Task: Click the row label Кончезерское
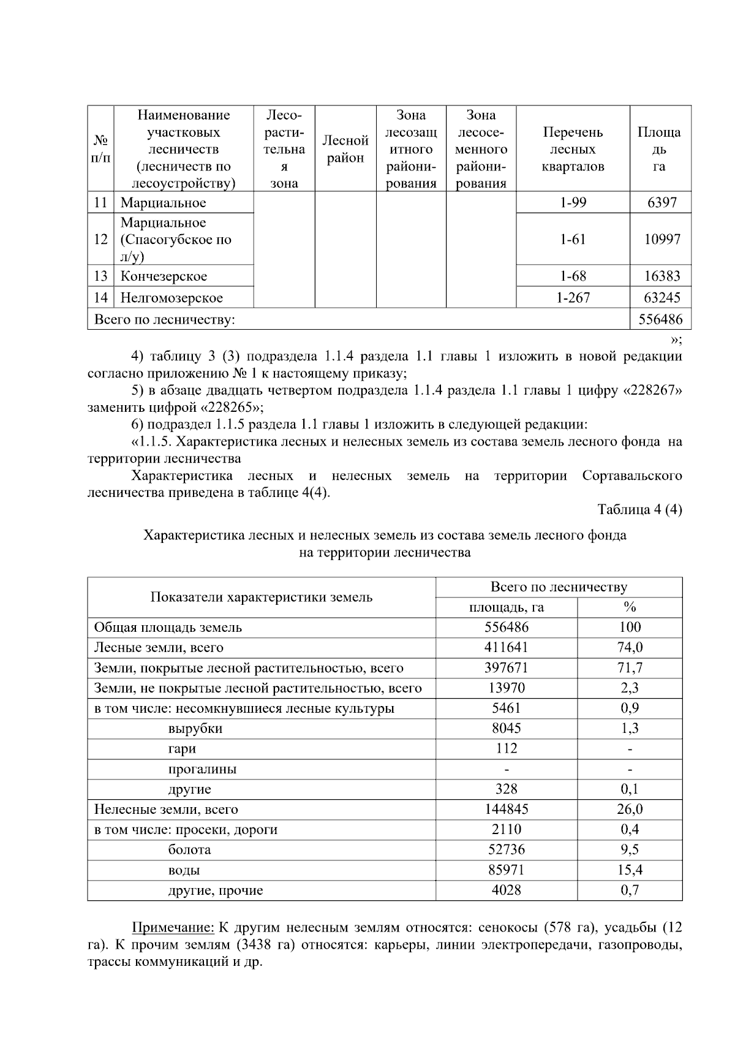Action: click(164, 276)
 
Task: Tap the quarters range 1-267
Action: click(573, 298)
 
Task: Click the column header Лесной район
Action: click(345, 150)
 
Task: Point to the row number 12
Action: click(100, 240)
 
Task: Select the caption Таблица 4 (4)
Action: click(639, 509)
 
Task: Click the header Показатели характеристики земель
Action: click(262, 597)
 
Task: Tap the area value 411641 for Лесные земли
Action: click(506, 647)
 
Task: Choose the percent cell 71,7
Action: click(630, 667)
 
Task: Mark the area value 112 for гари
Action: click(506, 748)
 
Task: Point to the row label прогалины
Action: click(202, 769)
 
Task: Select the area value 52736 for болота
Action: click(506, 849)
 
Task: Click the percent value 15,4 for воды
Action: click(630, 870)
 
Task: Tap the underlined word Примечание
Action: click(173, 927)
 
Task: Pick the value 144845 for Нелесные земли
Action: click(506, 809)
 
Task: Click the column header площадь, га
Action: click(506, 607)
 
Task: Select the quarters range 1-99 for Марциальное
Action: click(573, 202)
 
